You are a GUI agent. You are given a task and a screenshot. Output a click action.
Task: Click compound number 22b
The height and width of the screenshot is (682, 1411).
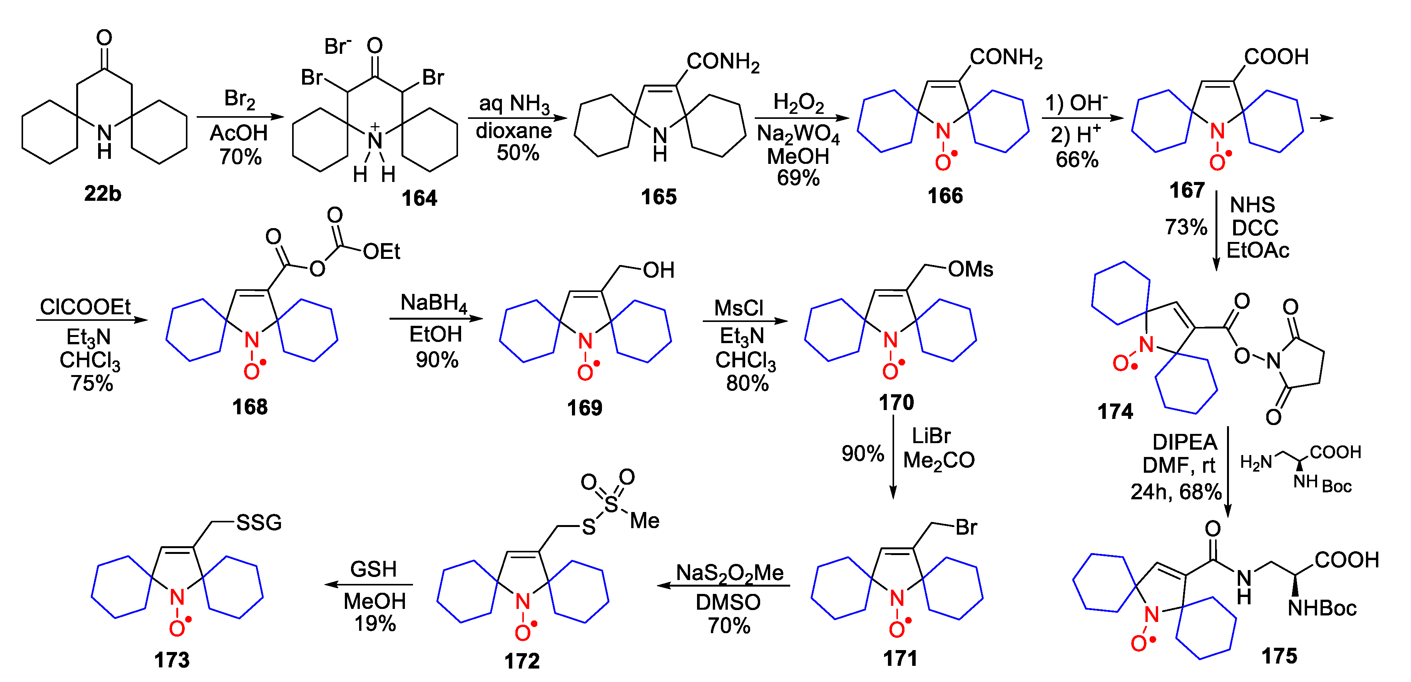point(102,194)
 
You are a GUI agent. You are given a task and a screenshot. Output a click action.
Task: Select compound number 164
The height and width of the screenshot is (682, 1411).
point(419,198)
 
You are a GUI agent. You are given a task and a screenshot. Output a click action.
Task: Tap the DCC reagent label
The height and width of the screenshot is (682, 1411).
point(1255,228)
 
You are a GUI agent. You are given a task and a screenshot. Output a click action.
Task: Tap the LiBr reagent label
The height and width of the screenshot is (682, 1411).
point(931,436)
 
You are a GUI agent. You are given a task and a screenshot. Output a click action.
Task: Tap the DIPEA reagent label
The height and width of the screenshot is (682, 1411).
point(1184,442)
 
